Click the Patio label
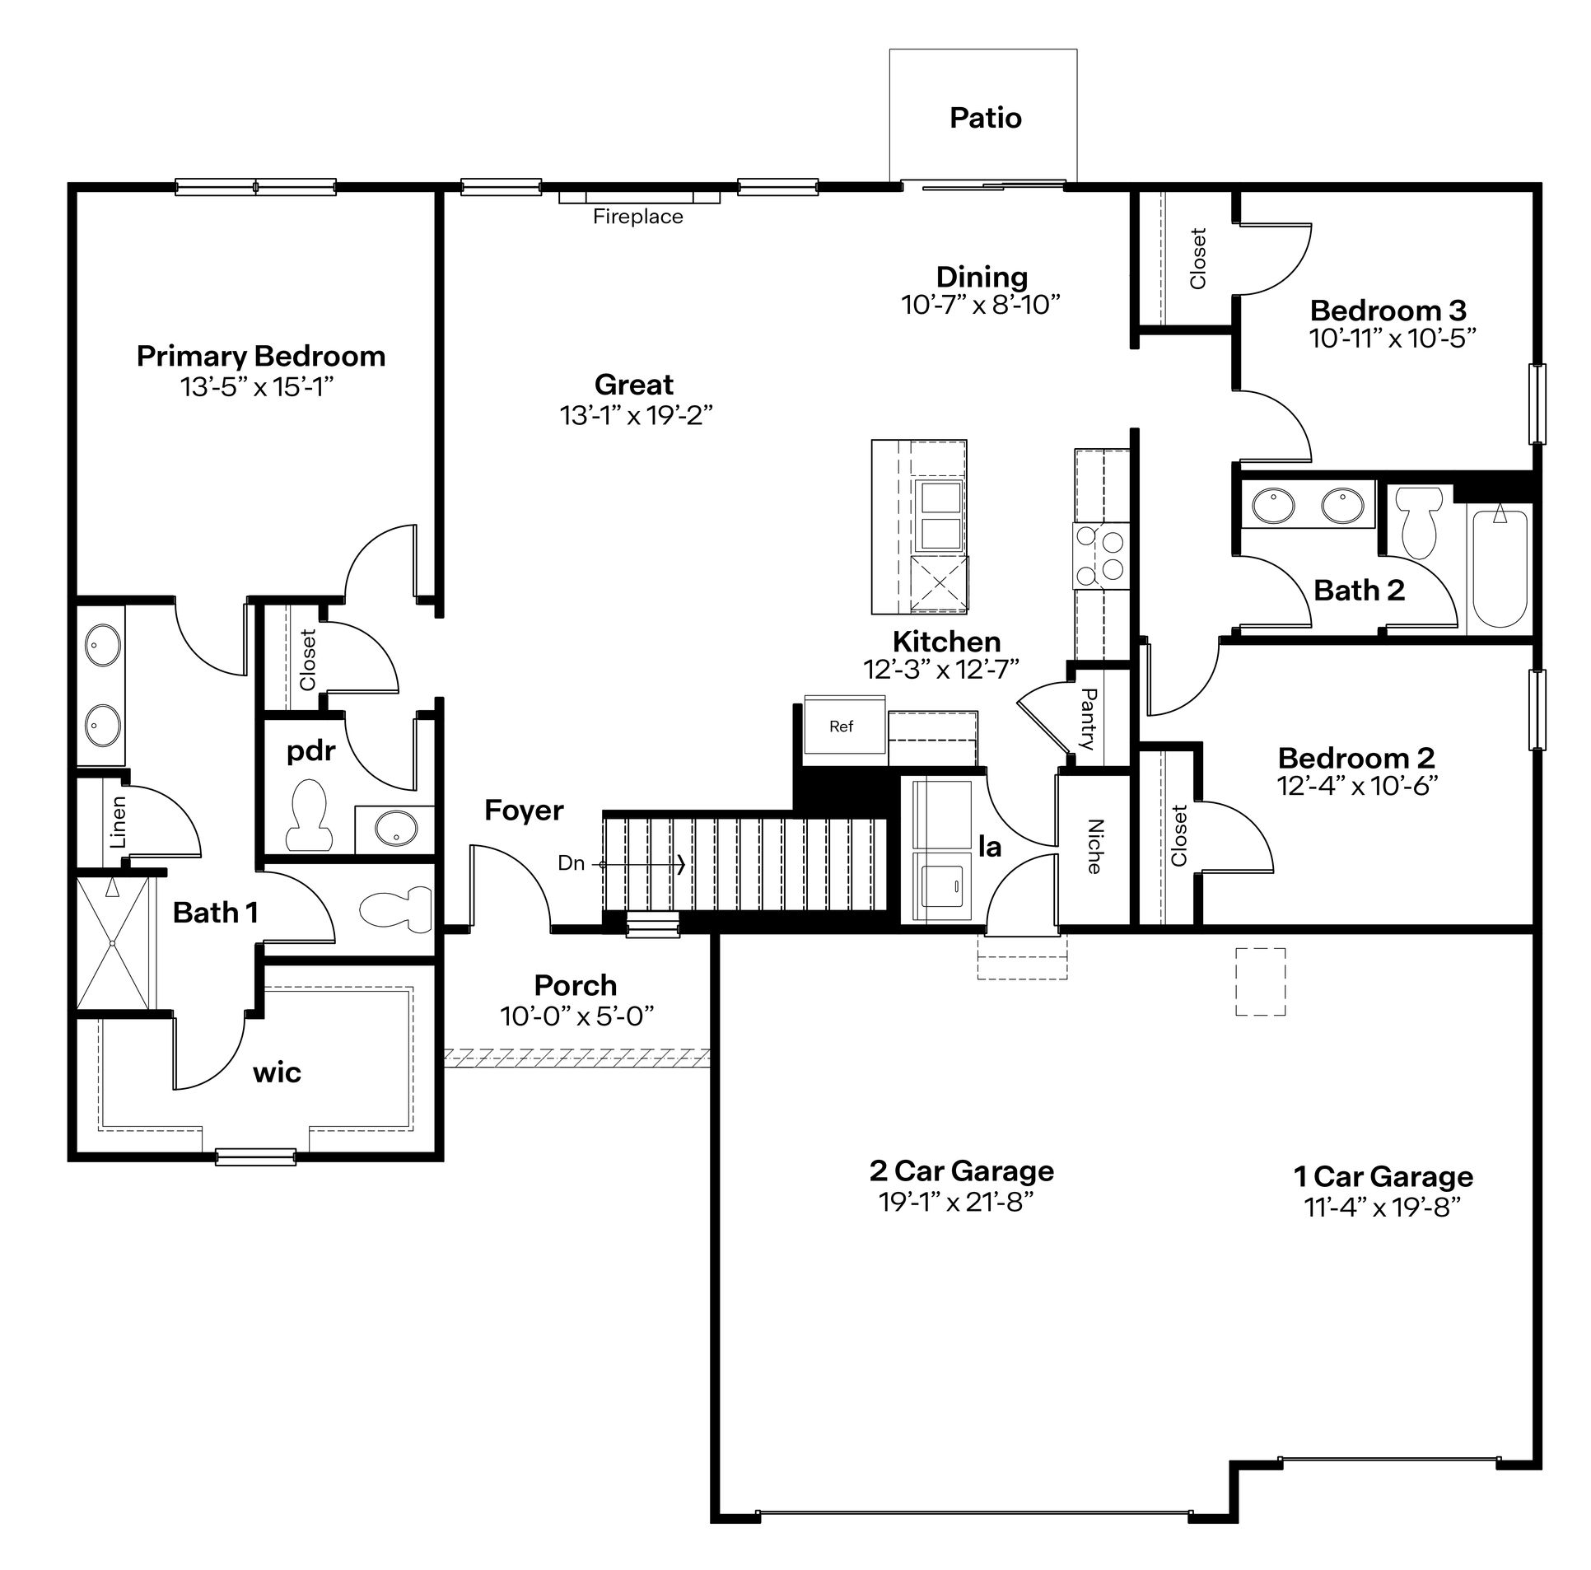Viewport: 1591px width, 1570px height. pos(985,118)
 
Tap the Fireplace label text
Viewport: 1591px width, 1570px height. pos(638,217)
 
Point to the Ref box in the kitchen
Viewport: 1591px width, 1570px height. pos(841,727)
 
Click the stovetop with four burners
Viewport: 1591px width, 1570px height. pos(1100,556)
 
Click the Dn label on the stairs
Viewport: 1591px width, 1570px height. pos(571,863)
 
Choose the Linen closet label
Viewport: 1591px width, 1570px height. pos(119,821)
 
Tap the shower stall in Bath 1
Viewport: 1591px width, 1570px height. pos(114,942)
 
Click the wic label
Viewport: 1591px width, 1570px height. pos(277,1072)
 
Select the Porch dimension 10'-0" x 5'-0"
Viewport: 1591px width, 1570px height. pos(576,1016)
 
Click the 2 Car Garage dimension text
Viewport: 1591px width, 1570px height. pos(956,1203)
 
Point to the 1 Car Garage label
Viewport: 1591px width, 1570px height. pos(1383,1177)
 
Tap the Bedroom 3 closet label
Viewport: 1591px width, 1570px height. pos(1198,258)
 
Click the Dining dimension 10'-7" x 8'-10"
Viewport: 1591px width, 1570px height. pos(980,305)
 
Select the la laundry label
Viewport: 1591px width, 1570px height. pos(990,847)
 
